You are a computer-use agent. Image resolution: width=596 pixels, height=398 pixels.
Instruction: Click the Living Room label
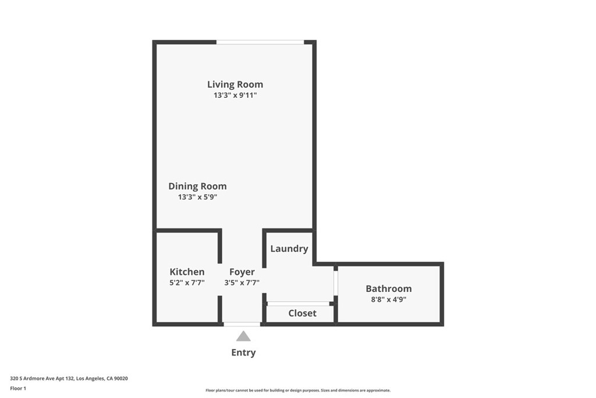pos(235,84)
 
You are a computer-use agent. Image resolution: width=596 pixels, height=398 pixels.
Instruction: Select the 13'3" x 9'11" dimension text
pos(235,95)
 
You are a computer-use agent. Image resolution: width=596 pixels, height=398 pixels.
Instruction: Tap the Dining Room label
pos(197,186)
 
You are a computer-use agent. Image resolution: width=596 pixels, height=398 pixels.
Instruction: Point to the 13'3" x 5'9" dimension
pos(197,197)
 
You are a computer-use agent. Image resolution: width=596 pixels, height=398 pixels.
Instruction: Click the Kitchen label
pos(187,272)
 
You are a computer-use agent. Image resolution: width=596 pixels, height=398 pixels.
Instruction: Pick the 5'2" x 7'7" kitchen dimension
pos(187,283)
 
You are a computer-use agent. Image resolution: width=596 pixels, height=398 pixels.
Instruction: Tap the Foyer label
pos(242,272)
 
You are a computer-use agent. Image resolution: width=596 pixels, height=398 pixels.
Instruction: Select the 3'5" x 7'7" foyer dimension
pos(242,283)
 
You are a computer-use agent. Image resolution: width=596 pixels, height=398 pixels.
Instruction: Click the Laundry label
pos(289,249)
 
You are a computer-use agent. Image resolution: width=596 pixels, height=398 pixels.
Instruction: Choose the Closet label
pos(302,313)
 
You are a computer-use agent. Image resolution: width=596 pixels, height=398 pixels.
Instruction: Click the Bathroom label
pos(388,288)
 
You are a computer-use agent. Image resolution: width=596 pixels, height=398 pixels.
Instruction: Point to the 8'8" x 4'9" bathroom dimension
pos(388,300)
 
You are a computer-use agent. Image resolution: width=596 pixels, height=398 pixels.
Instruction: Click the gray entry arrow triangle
pos(243,336)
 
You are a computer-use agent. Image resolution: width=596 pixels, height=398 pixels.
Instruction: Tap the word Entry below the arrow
pos(243,353)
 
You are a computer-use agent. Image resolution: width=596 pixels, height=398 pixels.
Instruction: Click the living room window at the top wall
pos(260,42)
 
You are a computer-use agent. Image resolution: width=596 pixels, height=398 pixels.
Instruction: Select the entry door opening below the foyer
pos(242,324)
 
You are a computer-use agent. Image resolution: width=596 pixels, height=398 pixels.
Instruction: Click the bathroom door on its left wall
pos(336,283)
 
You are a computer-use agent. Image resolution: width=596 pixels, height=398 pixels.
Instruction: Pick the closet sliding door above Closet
pos(299,304)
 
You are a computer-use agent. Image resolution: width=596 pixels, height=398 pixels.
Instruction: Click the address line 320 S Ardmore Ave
pos(69,379)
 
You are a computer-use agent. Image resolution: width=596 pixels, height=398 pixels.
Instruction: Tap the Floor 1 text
pos(18,389)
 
